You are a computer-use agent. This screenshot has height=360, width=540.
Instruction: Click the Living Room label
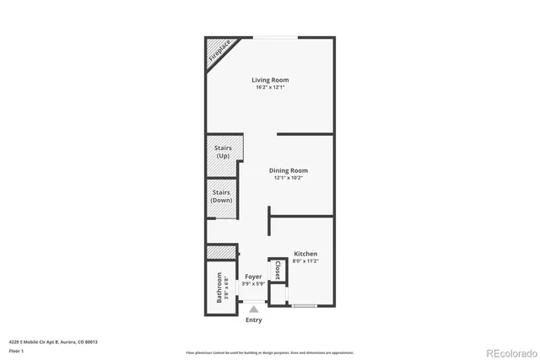[x=270, y=80]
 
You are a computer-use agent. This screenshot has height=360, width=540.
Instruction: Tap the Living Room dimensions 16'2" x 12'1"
[x=270, y=88]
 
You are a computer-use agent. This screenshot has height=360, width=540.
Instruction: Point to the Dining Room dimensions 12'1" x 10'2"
[x=288, y=178]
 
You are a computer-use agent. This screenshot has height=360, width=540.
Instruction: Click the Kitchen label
[x=305, y=254]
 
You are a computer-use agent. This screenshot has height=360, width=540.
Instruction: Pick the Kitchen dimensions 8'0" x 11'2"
[x=305, y=261]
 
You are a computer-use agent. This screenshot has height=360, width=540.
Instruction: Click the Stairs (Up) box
[x=224, y=152]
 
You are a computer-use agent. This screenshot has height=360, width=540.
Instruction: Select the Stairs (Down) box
[x=224, y=196]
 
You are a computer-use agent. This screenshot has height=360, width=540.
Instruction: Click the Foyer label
[x=253, y=277]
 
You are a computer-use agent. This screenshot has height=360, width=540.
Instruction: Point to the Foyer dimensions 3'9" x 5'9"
[x=253, y=283]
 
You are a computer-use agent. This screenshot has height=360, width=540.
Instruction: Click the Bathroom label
[x=219, y=287]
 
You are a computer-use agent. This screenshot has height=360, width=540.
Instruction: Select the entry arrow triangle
[x=253, y=310]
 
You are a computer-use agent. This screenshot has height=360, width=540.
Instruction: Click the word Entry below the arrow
[x=253, y=320]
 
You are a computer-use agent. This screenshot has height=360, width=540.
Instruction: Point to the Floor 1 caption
[x=16, y=350]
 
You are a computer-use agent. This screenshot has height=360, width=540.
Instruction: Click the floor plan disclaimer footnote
[x=270, y=352]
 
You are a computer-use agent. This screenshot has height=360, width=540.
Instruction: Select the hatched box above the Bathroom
[x=220, y=252]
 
